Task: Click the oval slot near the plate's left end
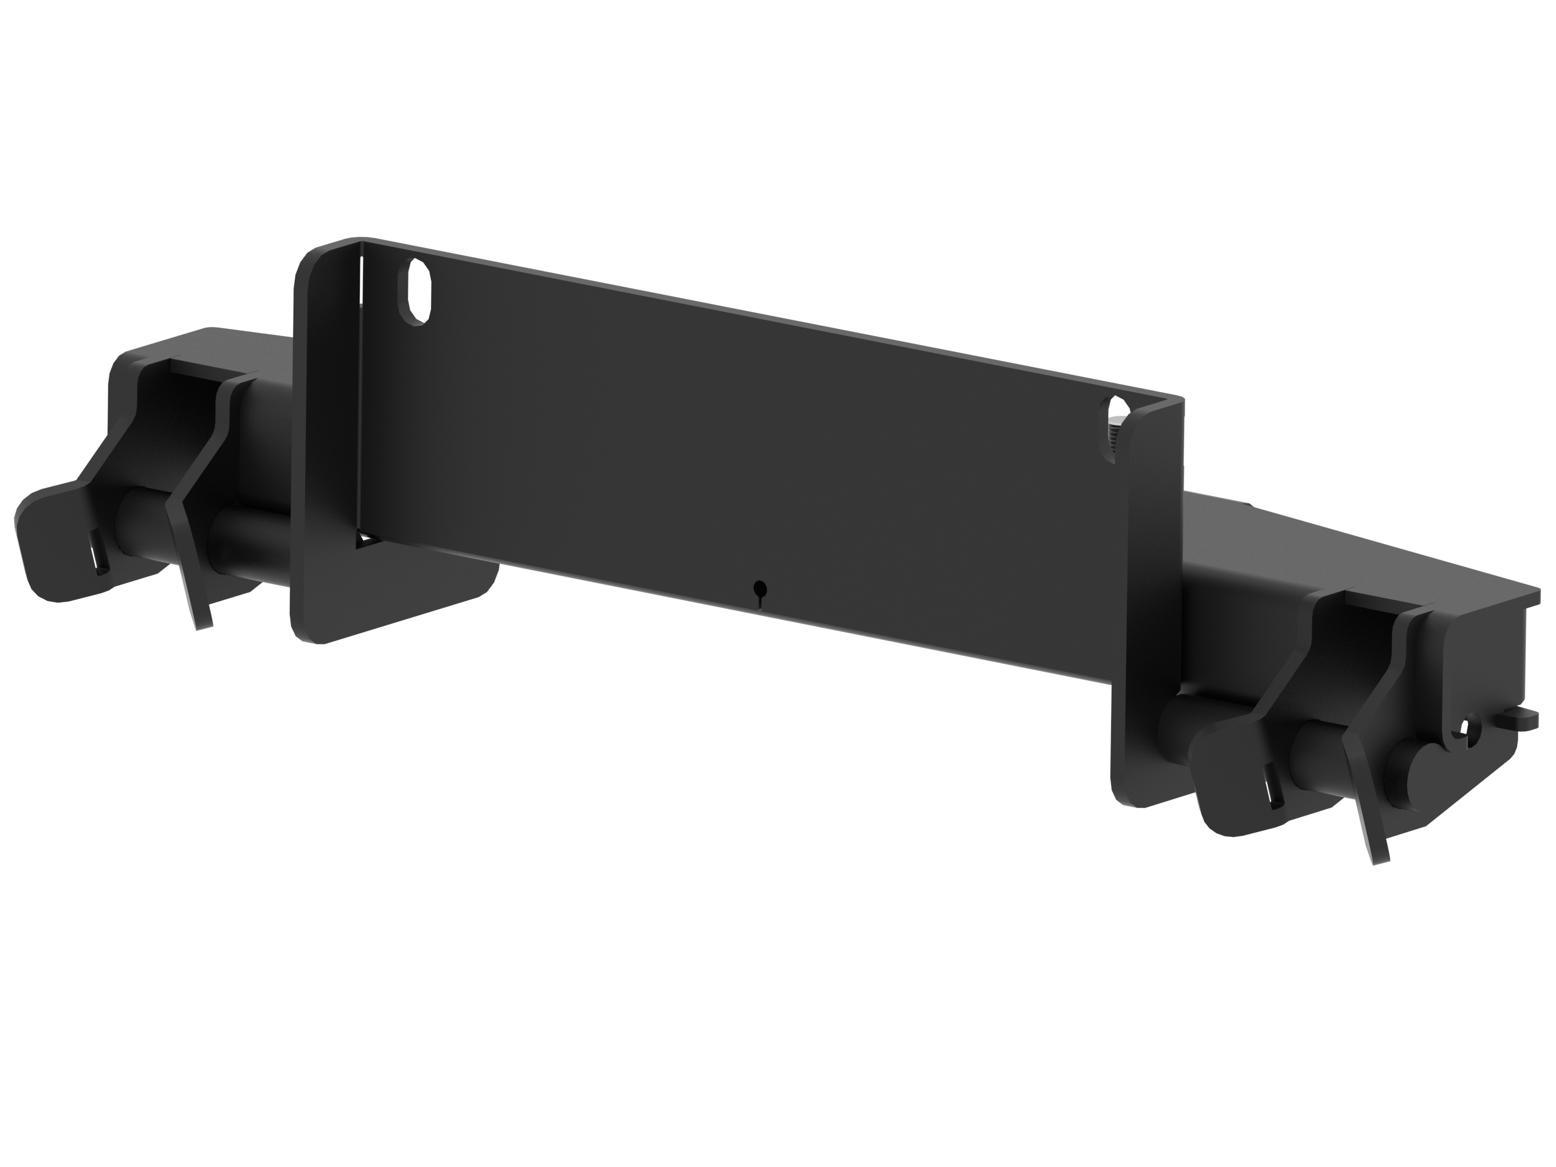click(x=417, y=291)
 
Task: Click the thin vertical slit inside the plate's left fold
click(x=360, y=281)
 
